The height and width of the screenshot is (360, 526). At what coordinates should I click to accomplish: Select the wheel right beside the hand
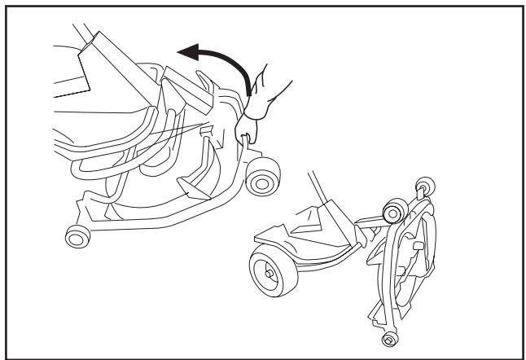(x=262, y=180)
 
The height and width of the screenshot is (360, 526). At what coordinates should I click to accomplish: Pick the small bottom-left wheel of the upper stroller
(x=77, y=236)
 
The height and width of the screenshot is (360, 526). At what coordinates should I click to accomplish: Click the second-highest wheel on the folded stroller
(x=392, y=213)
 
